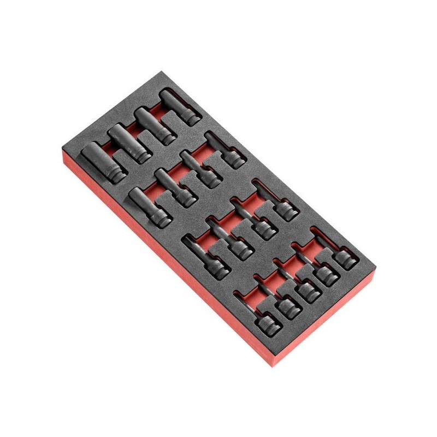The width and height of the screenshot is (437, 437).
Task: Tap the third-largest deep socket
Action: pyautogui.click(x=153, y=124)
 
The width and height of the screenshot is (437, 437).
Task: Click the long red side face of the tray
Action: pyautogui.click(x=164, y=262)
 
